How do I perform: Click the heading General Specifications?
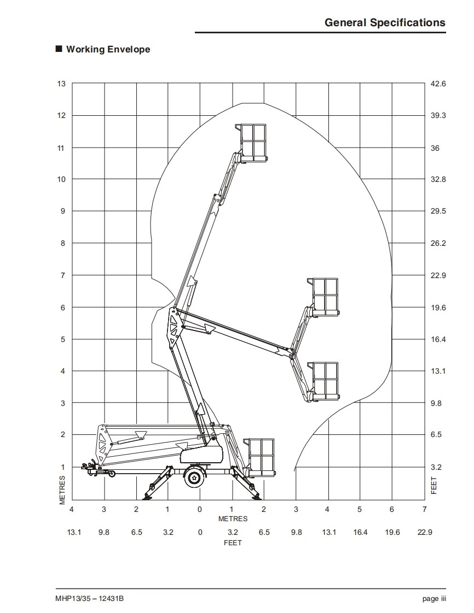(x=385, y=23)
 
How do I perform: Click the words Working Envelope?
(x=108, y=49)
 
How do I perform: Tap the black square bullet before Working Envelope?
(x=59, y=49)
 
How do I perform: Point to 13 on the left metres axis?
(x=61, y=84)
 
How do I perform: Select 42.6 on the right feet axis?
(x=438, y=84)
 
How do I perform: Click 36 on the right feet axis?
(x=435, y=148)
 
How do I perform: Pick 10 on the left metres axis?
(x=61, y=179)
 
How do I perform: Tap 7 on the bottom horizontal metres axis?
(x=424, y=509)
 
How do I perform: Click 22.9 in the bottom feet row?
(x=425, y=532)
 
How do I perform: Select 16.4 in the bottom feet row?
(x=360, y=532)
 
